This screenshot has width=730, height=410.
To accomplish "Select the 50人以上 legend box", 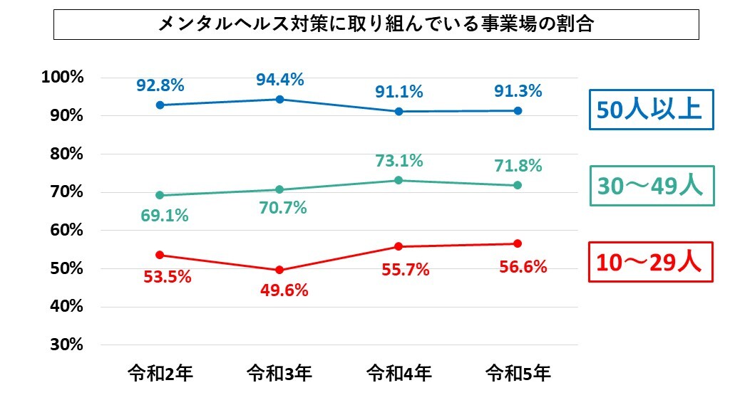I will (x=651, y=110).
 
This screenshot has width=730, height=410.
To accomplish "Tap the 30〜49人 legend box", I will (x=651, y=186).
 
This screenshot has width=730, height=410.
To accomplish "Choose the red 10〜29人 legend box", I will (x=651, y=263).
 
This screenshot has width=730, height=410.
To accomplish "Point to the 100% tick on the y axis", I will (x=63, y=77).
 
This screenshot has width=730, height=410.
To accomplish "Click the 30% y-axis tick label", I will (x=68, y=345).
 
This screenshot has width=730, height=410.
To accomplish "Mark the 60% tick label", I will (x=68, y=230).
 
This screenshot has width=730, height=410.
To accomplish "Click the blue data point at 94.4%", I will (x=279, y=99).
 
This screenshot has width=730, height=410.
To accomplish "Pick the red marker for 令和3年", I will (x=279, y=270).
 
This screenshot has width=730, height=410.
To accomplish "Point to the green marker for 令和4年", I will (x=399, y=180).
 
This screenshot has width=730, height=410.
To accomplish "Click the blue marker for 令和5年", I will (x=518, y=111).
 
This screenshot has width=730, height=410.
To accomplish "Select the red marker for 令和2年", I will (x=160, y=255).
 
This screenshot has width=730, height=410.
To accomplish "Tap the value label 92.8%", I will (x=160, y=86).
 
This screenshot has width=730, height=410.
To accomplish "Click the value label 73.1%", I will (x=399, y=161).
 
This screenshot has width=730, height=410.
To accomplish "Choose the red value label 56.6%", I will (x=518, y=267).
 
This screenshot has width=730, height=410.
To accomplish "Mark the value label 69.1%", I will (x=165, y=215).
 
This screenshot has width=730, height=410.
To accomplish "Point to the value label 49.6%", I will (x=284, y=290).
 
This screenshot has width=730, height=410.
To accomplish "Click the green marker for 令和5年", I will (x=518, y=185).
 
